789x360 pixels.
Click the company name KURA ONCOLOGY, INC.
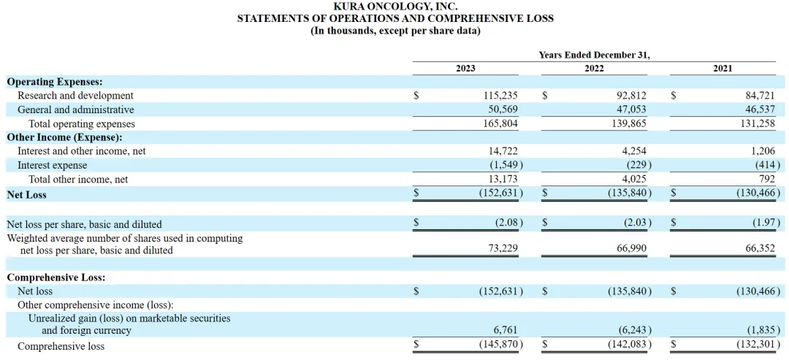[x=395, y=6]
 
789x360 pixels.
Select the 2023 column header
[x=465, y=68]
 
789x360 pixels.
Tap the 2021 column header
[x=723, y=68]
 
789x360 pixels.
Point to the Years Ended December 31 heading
[x=594, y=55]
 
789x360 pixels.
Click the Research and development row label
[x=75, y=96]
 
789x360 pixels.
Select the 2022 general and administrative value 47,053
[x=628, y=110]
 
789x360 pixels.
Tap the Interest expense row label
[x=52, y=165]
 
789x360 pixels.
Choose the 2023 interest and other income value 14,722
[x=503, y=151]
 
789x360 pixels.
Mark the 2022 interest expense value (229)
[x=633, y=165]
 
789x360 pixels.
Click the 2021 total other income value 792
[x=767, y=179]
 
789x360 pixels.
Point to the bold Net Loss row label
[x=26, y=195]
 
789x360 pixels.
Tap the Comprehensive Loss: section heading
[x=56, y=277]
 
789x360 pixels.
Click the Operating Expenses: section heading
[x=54, y=82]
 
